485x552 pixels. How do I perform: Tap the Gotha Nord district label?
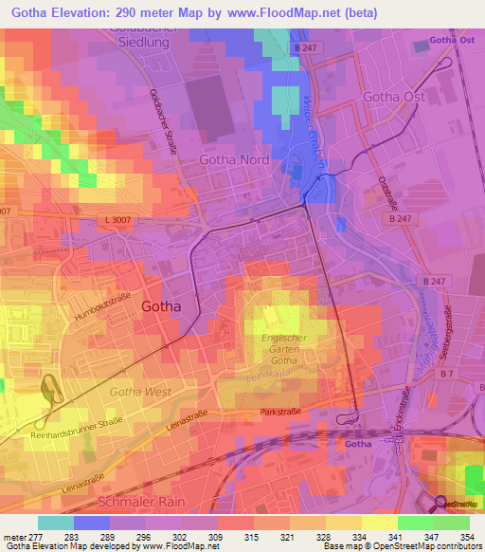(234, 160)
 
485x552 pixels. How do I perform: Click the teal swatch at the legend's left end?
(56, 523)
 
